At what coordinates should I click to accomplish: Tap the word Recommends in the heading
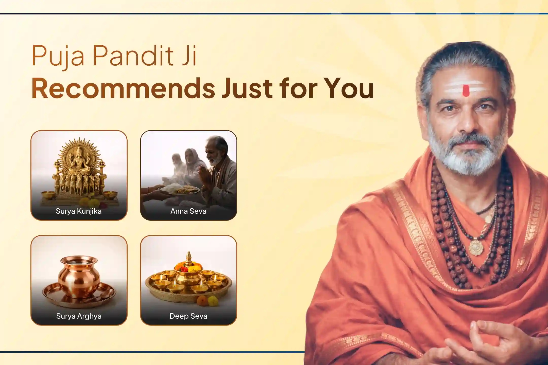tap(123, 88)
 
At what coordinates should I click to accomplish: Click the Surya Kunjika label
tap(79, 211)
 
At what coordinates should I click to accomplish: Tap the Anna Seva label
tap(188, 211)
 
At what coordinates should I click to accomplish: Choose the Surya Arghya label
tap(79, 316)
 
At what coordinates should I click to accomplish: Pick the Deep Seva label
tap(188, 316)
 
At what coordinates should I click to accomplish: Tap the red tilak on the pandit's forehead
tap(466, 91)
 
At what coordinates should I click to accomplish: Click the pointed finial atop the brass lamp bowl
tap(189, 256)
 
